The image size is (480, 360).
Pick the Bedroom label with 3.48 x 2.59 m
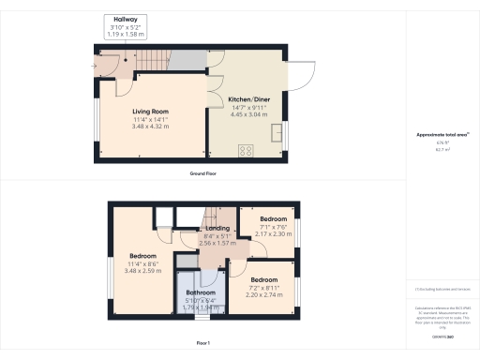coord(142,257)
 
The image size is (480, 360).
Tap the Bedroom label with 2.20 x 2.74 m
coord(264,280)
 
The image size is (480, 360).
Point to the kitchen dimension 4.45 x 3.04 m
coord(248,114)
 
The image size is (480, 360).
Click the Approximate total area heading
coord(442,135)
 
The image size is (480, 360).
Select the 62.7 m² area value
coord(441,149)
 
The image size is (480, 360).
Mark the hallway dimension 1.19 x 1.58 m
coord(124,35)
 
